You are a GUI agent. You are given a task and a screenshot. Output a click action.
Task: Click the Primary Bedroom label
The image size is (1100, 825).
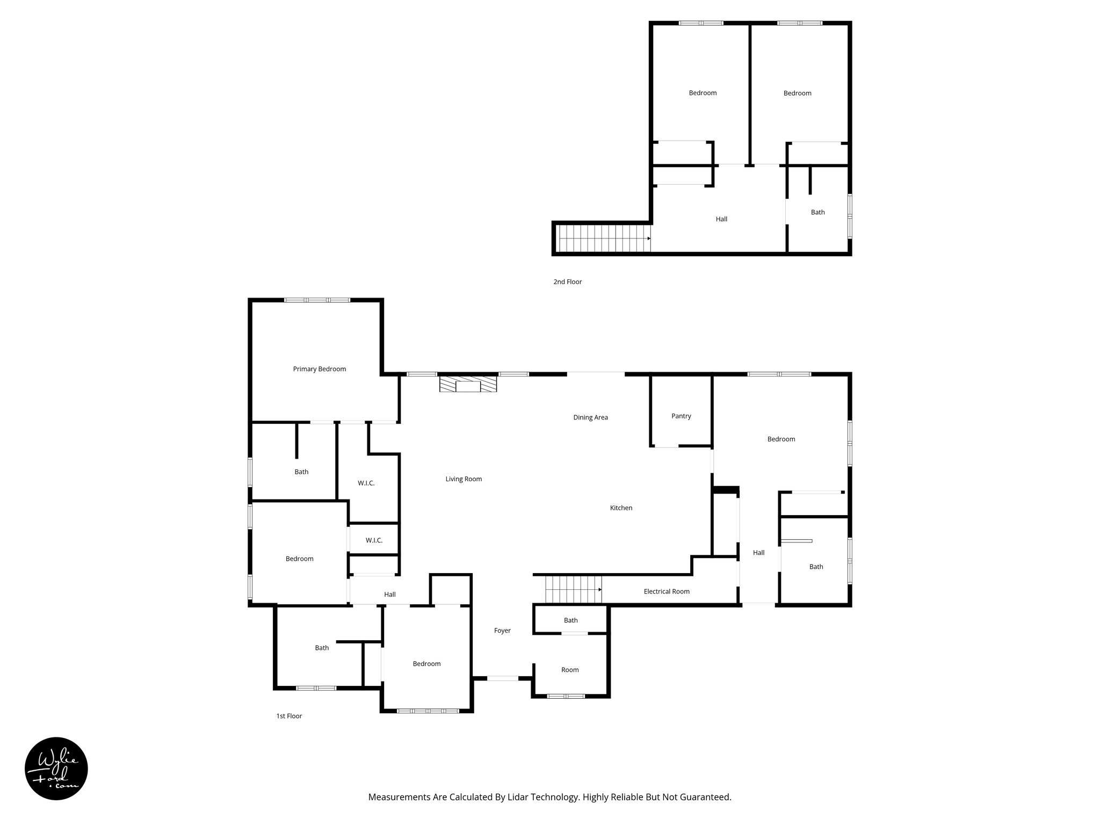(x=319, y=369)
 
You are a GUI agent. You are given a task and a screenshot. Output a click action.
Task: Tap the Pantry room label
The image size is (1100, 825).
(x=681, y=416)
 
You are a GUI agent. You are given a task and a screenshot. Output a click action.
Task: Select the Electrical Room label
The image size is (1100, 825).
(x=666, y=591)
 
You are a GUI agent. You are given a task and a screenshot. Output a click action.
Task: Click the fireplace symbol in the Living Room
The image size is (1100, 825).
(x=468, y=385)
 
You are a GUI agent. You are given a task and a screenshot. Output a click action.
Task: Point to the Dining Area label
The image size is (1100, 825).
(x=590, y=417)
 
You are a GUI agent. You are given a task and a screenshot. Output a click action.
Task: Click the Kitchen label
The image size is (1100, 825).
(x=621, y=508)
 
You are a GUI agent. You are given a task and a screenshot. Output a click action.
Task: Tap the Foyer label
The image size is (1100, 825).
(x=502, y=631)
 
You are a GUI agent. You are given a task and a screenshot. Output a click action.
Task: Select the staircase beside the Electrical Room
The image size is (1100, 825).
(x=573, y=589)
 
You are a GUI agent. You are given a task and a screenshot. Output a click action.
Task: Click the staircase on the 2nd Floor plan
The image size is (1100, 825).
(x=603, y=238)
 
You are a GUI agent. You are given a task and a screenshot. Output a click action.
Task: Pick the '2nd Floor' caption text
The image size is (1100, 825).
(x=567, y=281)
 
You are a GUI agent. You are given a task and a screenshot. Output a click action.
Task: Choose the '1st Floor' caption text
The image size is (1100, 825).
(x=289, y=716)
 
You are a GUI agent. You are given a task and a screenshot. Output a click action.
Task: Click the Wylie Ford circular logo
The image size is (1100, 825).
(x=56, y=769)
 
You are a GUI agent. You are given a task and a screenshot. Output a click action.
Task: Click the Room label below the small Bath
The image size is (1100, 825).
(x=570, y=670)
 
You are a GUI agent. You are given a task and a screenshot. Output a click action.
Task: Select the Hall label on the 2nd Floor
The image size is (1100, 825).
(x=721, y=219)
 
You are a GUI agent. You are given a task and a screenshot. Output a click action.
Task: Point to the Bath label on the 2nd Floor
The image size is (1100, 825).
(x=817, y=212)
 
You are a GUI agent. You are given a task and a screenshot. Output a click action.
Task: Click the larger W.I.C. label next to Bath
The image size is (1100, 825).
(x=366, y=483)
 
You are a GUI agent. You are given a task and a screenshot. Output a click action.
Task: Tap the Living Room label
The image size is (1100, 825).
(x=464, y=479)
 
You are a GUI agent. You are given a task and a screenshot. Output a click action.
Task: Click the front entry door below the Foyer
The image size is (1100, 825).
(x=503, y=678)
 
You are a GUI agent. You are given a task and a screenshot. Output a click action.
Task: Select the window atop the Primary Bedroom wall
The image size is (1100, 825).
(x=317, y=300)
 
